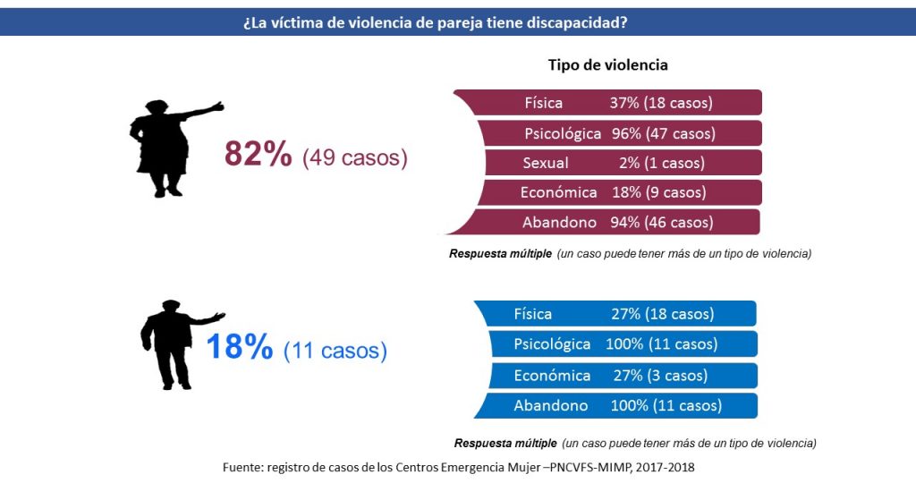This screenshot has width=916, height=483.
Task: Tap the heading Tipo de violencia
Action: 607,65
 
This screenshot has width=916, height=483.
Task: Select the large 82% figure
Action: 258,155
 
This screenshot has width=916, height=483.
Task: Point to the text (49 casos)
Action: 354,157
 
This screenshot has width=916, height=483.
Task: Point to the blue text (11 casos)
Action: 335,351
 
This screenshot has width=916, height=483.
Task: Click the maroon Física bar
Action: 617,103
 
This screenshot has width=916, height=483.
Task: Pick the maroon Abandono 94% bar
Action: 617,222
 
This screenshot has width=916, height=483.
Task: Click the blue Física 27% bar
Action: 617,314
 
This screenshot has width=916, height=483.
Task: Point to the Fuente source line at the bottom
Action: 458,467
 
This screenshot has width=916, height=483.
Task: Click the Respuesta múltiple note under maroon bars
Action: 630,254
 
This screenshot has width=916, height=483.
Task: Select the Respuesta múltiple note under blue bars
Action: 634,443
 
